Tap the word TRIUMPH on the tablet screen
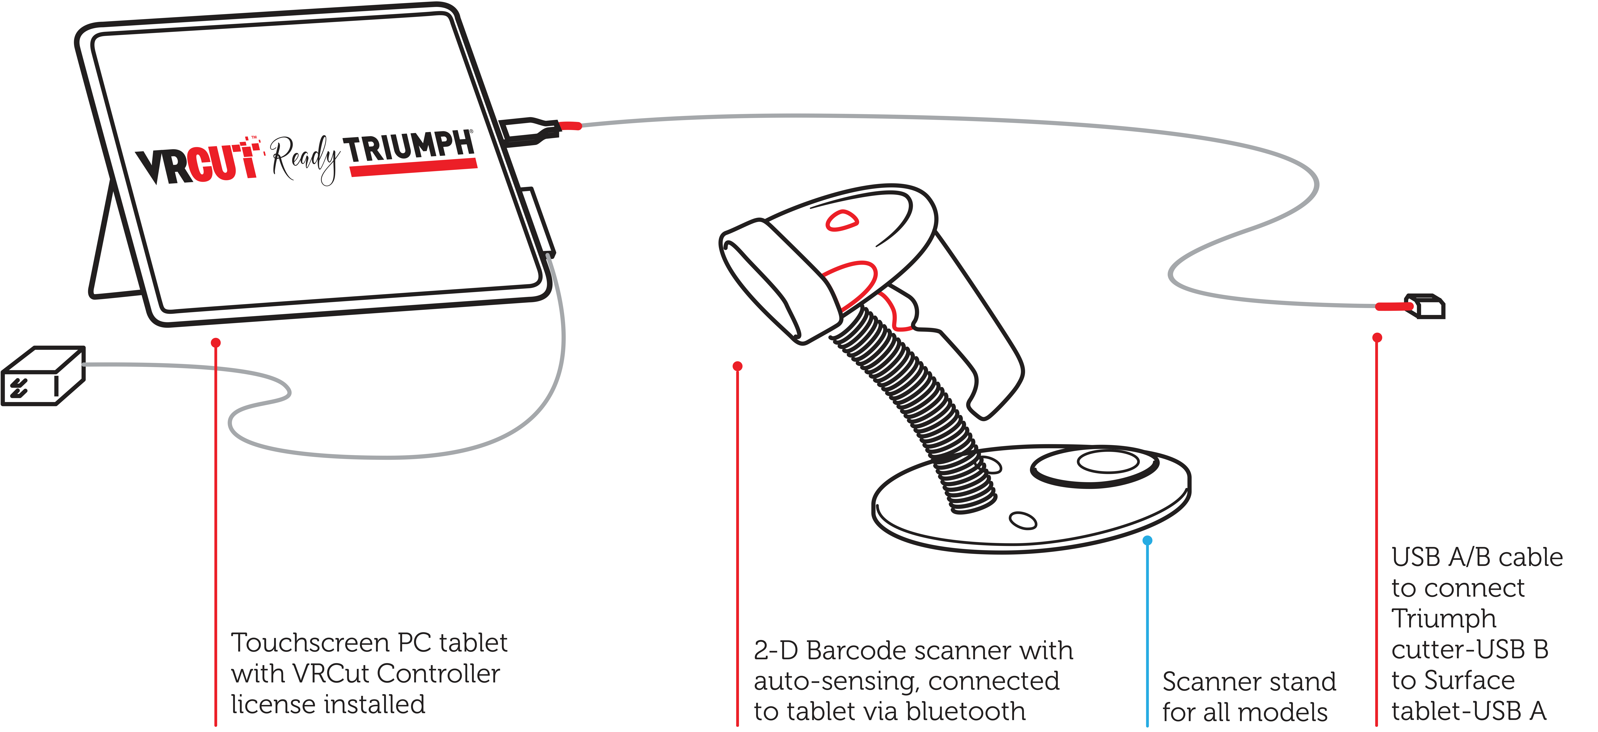pyautogui.click(x=411, y=148)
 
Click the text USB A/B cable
pyautogui.click(x=1476, y=558)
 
